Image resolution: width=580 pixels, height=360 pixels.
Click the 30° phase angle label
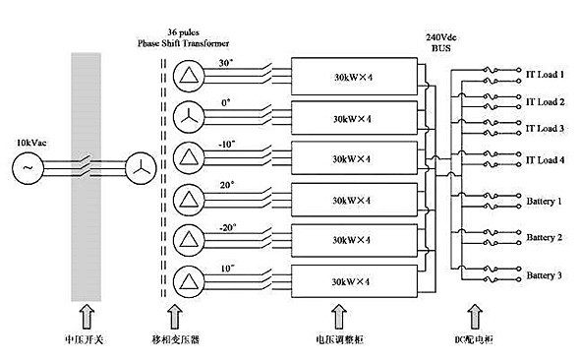[x=225, y=64]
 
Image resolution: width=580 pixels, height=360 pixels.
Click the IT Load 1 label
[x=544, y=74]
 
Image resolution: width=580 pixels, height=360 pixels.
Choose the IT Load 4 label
[x=544, y=159]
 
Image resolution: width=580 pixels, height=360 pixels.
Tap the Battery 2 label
[x=544, y=237]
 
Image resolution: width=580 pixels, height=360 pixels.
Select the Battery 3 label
[x=544, y=275]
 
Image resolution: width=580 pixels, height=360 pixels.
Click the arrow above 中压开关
[x=85, y=316]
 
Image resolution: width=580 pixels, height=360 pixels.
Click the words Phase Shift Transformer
[x=189, y=44]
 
